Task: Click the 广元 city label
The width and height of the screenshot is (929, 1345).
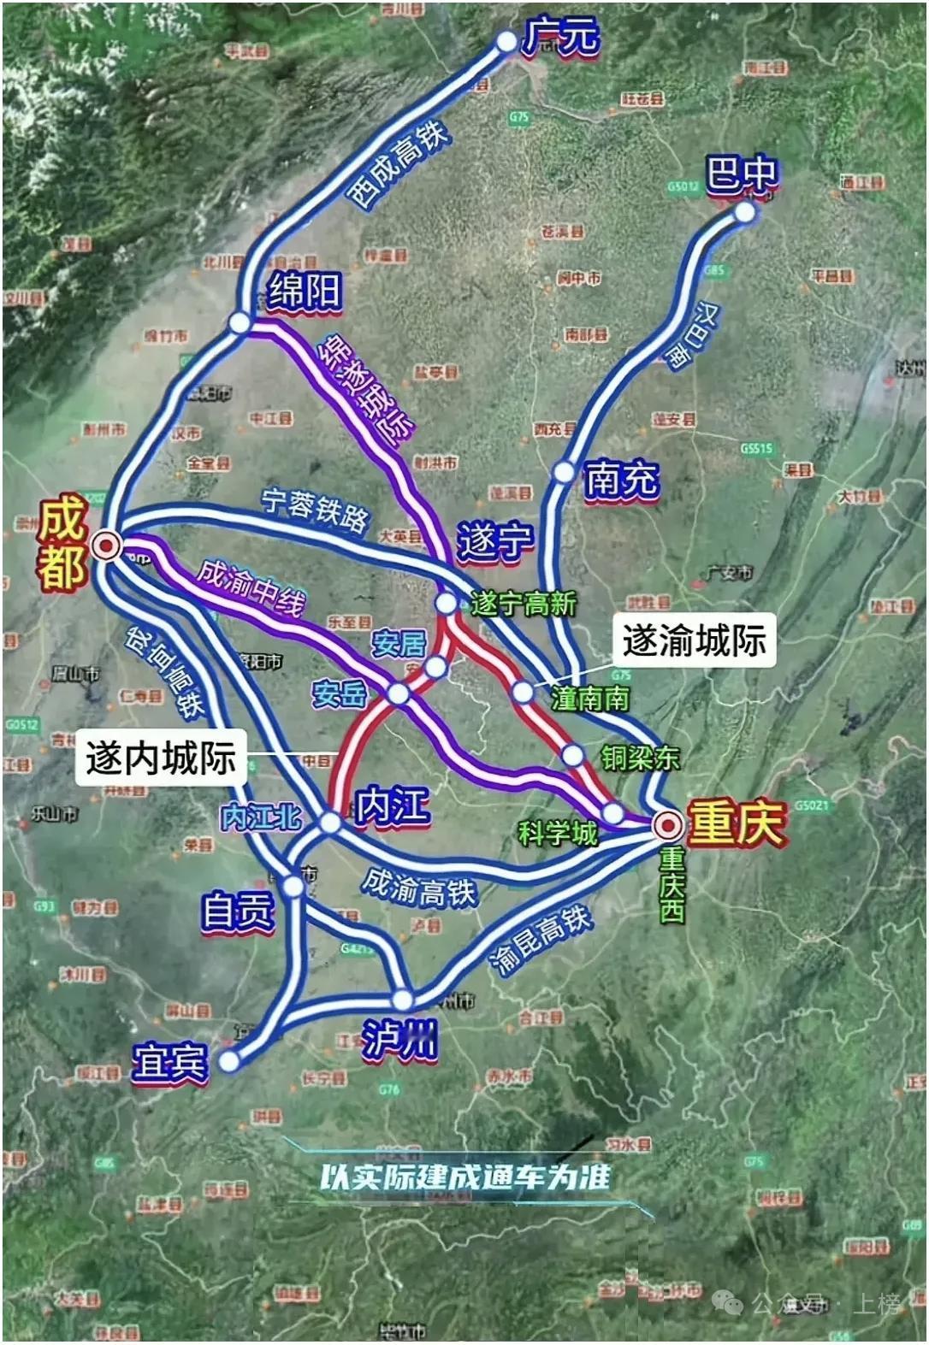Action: click(x=561, y=38)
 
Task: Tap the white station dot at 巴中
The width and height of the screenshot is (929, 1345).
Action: click(x=745, y=212)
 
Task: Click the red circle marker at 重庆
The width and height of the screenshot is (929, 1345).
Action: click(x=668, y=825)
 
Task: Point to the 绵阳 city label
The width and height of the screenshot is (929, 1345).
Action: click(x=305, y=292)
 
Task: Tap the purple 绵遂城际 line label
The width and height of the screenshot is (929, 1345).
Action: click(x=367, y=390)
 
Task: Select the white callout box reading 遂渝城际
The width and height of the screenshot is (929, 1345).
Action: click(x=694, y=640)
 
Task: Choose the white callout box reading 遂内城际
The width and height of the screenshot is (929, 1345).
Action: click(x=161, y=758)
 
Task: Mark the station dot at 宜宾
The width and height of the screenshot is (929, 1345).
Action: click(x=229, y=1061)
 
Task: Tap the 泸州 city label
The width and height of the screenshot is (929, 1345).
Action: click(x=399, y=1041)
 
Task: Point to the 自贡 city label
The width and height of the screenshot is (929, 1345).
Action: click(x=238, y=911)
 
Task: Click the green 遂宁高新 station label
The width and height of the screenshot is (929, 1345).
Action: click(x=524, y=604)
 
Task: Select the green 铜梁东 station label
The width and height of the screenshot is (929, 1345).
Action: click(x=640, y=758)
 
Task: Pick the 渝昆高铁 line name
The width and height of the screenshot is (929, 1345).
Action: click(x=541, y=941)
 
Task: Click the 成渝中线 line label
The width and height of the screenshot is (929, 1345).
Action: click(x=251, y=587)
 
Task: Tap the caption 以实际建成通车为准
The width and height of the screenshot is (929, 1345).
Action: click(x=465, y=1177)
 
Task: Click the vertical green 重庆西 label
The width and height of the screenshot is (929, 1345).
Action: click(x=672, y=884)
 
